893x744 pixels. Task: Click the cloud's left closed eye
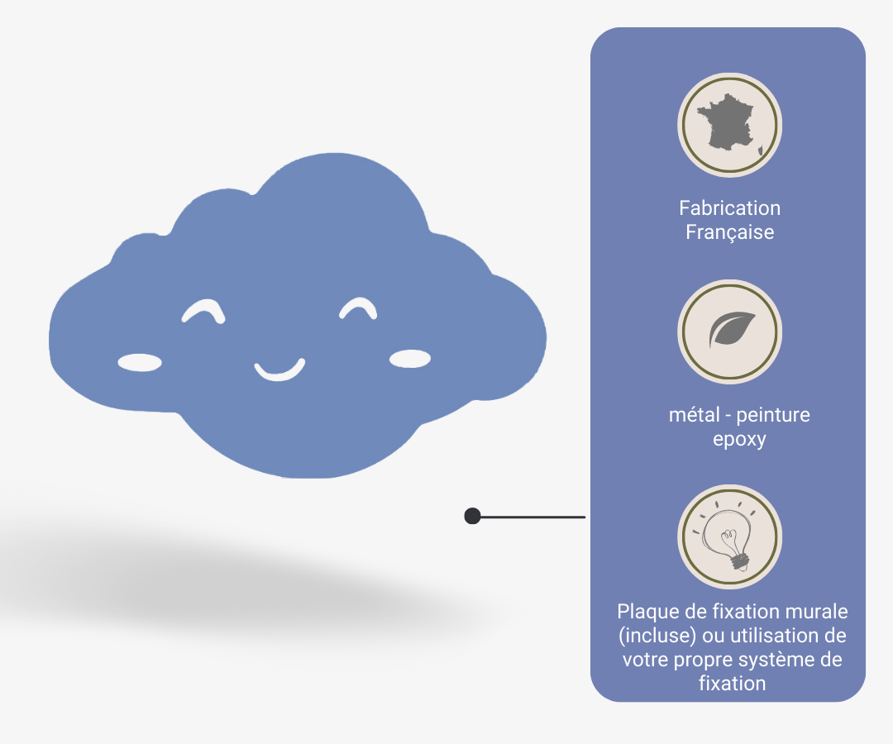coord(203,310)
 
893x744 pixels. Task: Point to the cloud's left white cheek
coord(140,361)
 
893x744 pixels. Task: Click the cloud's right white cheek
coord(410,358)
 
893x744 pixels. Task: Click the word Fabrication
coord(729,208)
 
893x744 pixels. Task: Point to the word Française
coord(729,232)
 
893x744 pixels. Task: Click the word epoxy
coord(739,439)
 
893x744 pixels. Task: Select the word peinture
coord(773,415)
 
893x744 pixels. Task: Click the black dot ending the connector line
coord(473,517)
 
